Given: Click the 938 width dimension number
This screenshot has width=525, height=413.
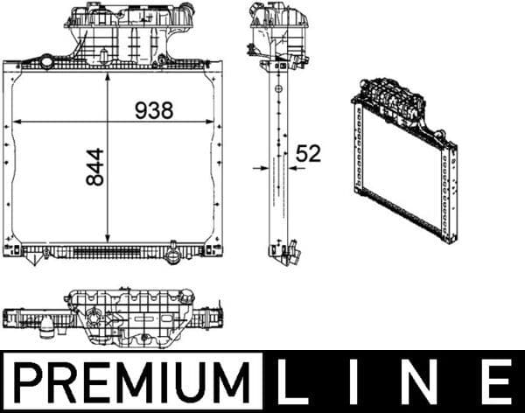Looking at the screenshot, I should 154,110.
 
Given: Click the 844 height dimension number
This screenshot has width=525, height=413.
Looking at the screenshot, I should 94,166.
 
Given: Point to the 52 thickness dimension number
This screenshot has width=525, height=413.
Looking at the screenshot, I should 308,154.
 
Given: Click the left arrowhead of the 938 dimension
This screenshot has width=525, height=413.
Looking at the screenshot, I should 15,121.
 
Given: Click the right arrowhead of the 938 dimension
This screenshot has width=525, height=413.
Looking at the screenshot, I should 209,121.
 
